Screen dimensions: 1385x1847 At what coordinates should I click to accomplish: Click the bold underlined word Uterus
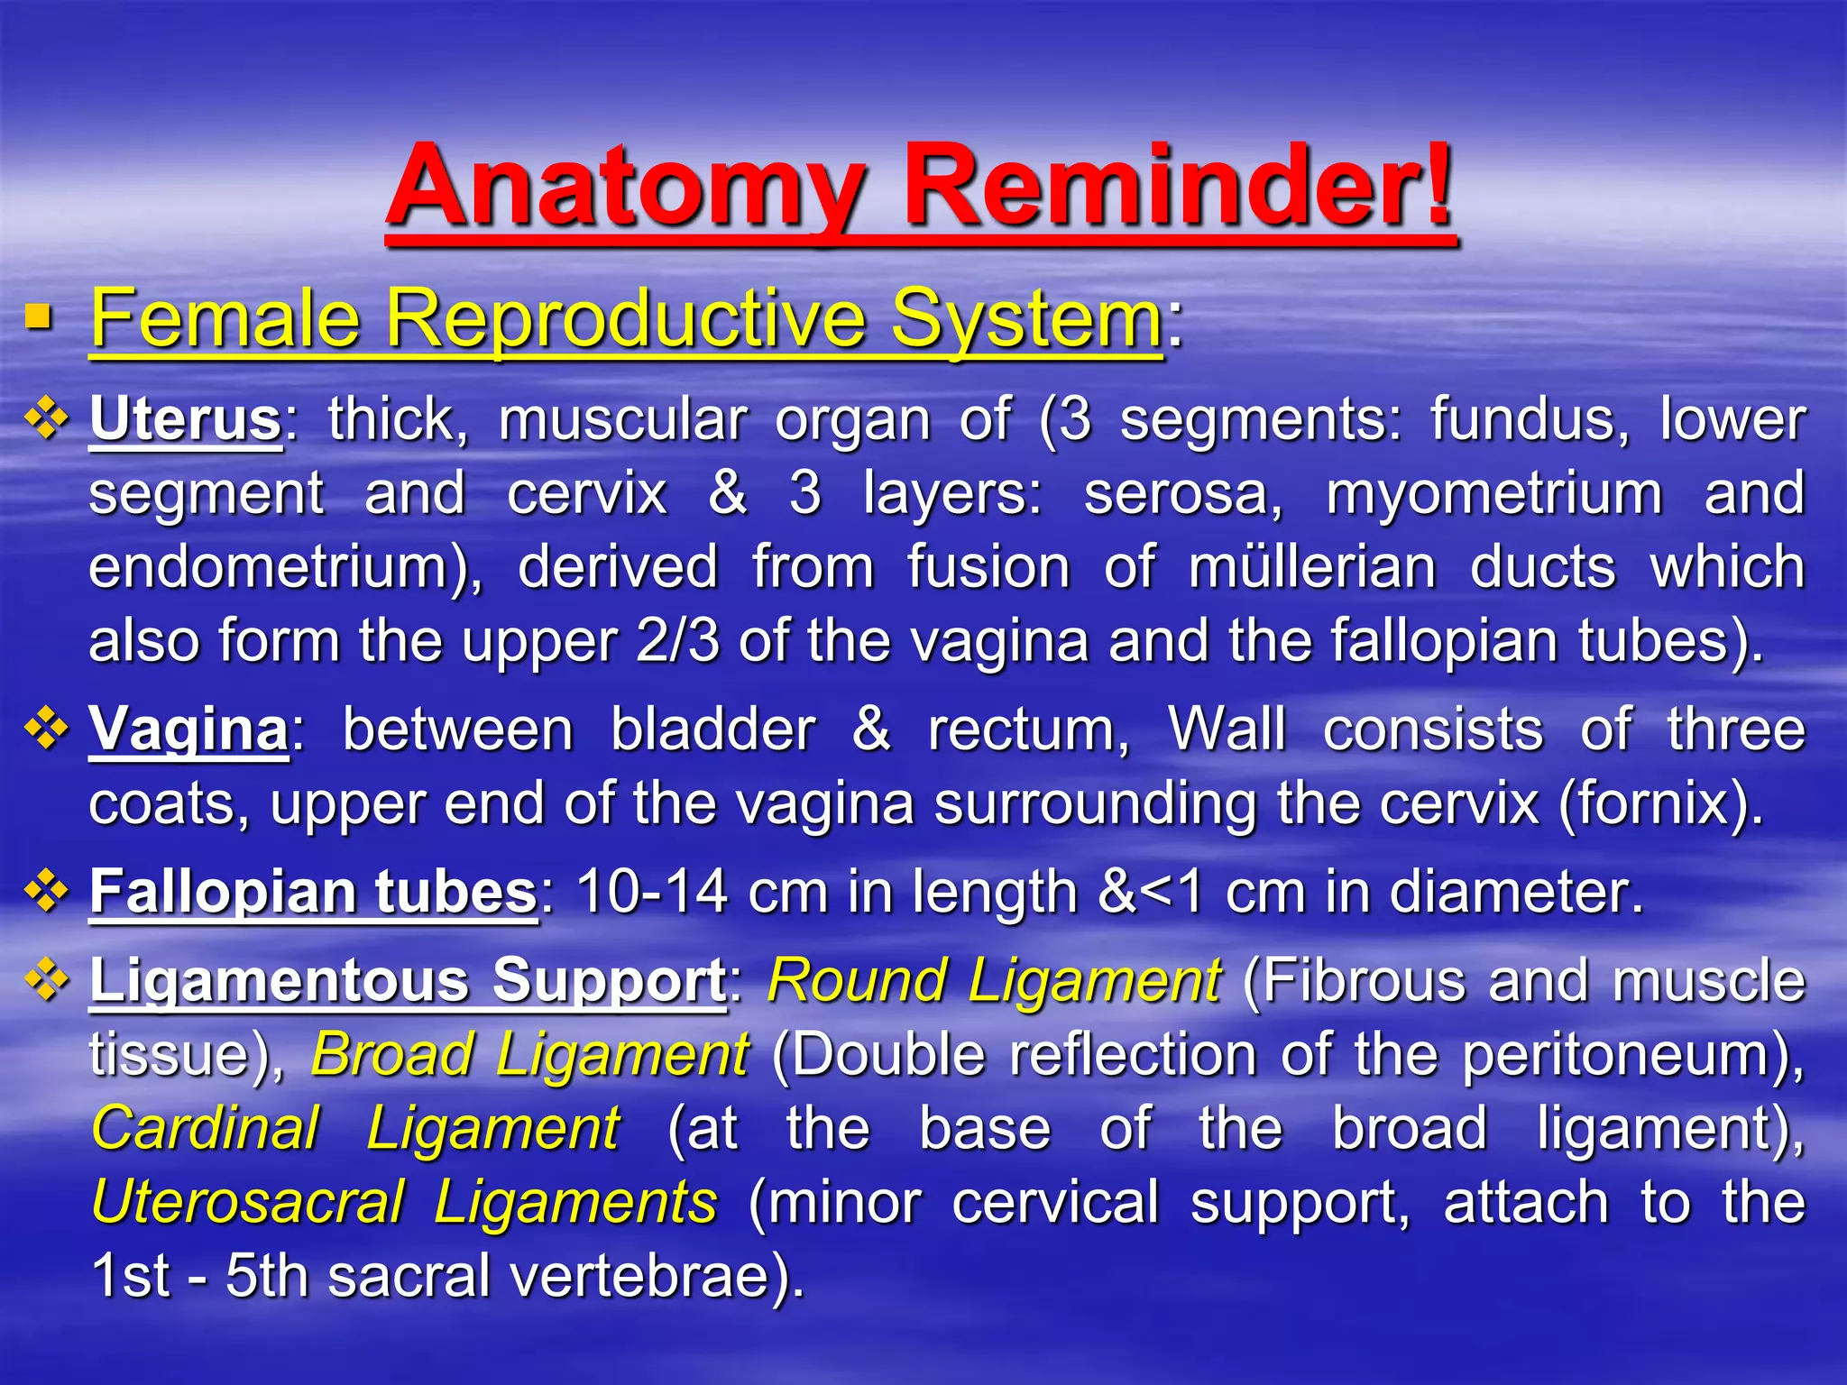click(x=186, y=420)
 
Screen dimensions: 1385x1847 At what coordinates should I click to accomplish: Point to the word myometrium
click(x=1493, y=495)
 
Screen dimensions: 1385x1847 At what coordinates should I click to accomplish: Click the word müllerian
click(x=1312, y=568)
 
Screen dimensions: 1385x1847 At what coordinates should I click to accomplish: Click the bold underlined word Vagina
click(x=188, y=729)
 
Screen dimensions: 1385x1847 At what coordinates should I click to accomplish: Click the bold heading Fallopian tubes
click(x=313, y=892)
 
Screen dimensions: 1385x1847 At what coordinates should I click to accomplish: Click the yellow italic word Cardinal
click(x=206, y=1129)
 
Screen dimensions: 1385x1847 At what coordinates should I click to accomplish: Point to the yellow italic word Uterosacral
click(x=248, y=1203)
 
